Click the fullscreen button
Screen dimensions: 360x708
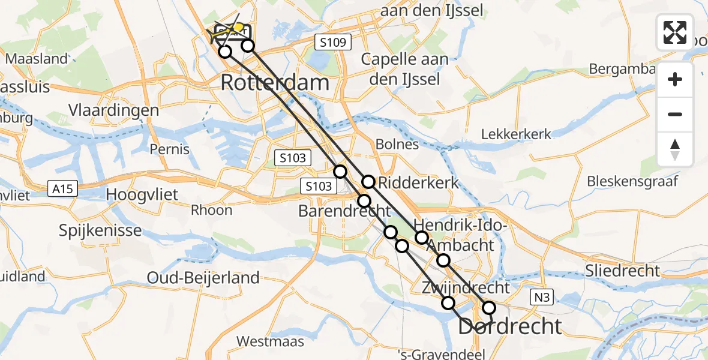(x=675, y=32)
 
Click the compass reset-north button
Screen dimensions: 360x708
(x=675, y=149)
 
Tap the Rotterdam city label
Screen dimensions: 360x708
(x=275, y=83)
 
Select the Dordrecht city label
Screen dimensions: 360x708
(x=511, y=326)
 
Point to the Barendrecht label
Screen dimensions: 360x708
(x=345, y=211)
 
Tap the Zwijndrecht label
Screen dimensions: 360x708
(x=466, y=287)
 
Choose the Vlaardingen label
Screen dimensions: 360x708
(x=113, y=110)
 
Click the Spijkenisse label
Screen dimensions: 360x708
(x=100, y=230)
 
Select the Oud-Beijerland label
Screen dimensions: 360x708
(x=203, y=278)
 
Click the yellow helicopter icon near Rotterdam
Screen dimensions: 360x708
(x=239, y=27)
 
